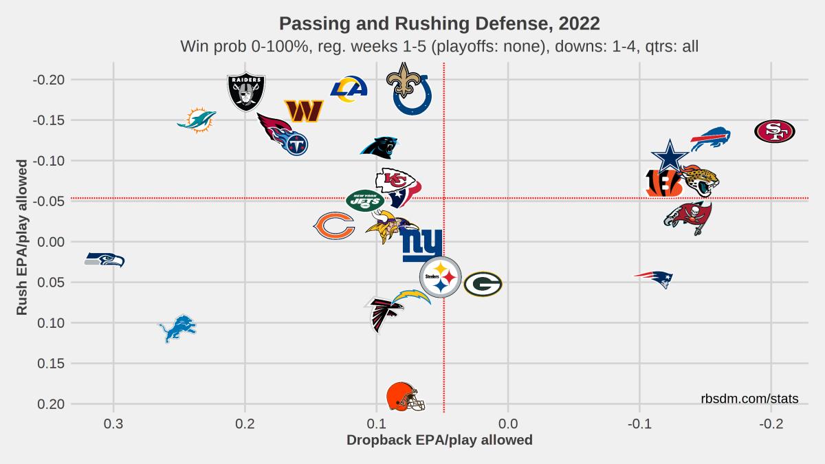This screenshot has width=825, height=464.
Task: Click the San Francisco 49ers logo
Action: point(774,131)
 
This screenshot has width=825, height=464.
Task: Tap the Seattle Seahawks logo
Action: point(104,259)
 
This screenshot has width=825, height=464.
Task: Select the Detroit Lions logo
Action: point(177,329)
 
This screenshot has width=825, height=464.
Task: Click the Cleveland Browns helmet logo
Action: point(406,397)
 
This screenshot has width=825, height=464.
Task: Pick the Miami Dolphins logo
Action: point(197,120)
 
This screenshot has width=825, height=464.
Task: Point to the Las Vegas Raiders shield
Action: point(246,93)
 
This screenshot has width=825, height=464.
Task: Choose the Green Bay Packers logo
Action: point(483,284)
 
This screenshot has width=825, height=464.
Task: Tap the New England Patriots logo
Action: point(653,278)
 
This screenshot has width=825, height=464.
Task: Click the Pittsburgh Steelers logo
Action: point(440,278)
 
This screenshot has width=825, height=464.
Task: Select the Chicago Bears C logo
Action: point(334,225)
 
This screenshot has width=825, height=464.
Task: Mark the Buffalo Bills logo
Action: point(709,140)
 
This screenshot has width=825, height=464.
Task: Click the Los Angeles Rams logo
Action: point(349,89)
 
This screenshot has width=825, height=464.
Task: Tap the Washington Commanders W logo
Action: point(304,110)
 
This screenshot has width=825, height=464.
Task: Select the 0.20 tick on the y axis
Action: point(52,404)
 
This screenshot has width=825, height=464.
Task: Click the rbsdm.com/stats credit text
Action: point(749,399)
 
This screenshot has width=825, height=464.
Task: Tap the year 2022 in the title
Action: point(580,23)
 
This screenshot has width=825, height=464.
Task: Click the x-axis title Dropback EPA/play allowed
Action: point(439,440)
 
